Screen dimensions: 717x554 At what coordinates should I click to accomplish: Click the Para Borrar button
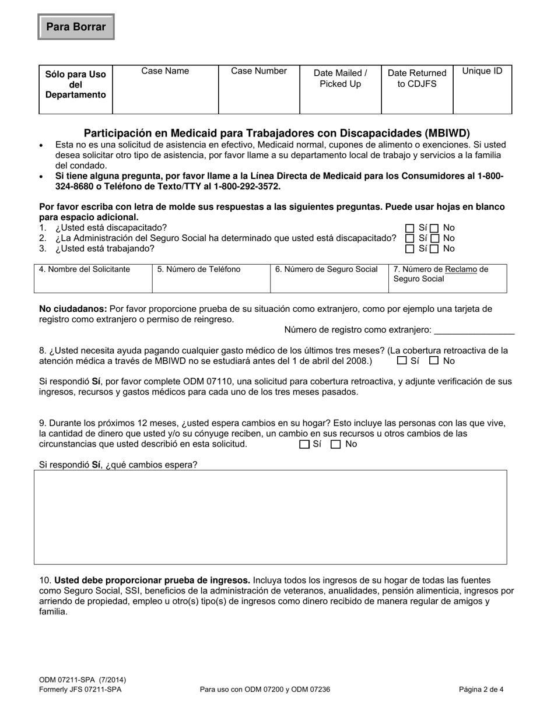(x=76, y=27)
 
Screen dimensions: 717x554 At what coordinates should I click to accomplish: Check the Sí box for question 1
(x=410, y=229)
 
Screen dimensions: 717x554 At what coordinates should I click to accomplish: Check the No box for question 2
(x=434, y=238)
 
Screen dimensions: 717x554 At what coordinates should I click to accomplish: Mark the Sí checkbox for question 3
(x=410, y=249)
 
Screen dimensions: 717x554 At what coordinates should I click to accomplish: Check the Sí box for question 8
(x=402, y=361)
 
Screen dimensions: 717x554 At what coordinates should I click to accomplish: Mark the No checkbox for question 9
(x=336, y=444)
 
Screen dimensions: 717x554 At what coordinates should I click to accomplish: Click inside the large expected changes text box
(x=270, y=517)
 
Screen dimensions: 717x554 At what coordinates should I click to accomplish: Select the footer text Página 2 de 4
(x=481, y=689)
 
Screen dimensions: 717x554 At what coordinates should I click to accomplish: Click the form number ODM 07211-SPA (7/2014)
(x=82, y=680)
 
